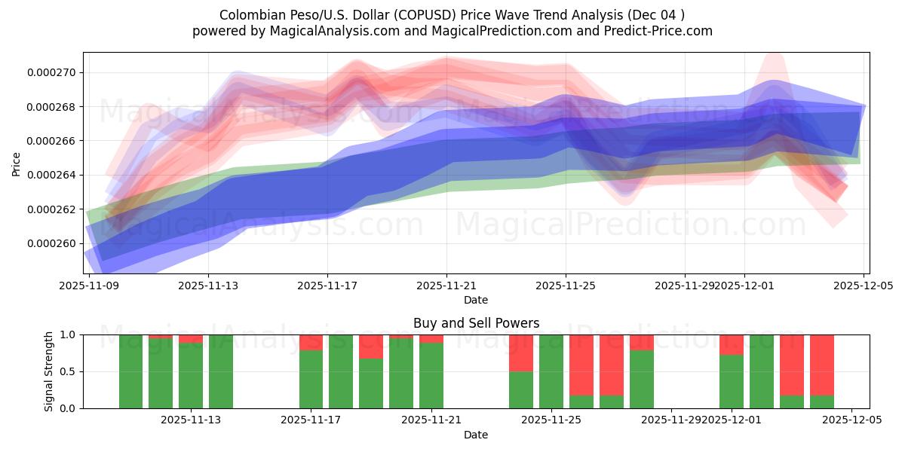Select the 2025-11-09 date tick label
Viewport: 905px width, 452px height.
click(x=89, y=286)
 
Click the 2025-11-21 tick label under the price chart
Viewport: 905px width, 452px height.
click(x=446, y=286)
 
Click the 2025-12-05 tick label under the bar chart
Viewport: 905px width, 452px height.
click(x=851, y=420)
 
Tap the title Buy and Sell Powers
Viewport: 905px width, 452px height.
click(x=476, y=323)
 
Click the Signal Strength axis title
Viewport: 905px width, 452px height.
click(x=48, y=371)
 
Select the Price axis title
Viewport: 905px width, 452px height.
click(x=17, y=163)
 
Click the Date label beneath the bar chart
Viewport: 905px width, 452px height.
click(x=476, y=435)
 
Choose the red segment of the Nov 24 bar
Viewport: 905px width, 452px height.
click(x=521, y=353)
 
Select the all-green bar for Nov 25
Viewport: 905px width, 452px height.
click(x=551, y=371)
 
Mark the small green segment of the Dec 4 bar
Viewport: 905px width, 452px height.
click(x=822, y=402)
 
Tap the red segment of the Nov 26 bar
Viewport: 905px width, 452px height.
click(x=581, y=365)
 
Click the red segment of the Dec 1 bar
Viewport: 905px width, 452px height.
click(x=732, y=344)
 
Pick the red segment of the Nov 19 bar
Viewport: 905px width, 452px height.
click(x=371, y=347)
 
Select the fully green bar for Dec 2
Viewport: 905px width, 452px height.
click(x=762, y=371)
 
